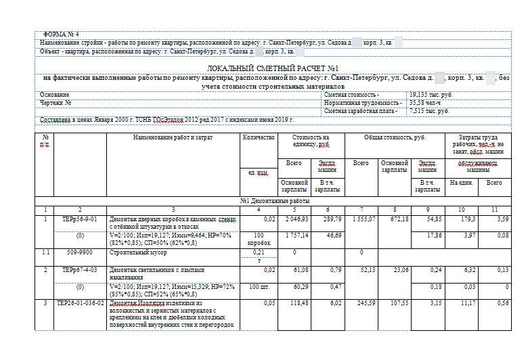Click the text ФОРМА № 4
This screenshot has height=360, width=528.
(61, 34)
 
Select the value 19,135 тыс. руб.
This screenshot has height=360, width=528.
(431, 95)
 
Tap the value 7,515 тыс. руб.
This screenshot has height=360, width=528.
(428, 110)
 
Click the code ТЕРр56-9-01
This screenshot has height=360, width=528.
(80, 219)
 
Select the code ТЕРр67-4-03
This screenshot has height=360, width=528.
(80, 269)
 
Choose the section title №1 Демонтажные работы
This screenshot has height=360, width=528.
(274, 201)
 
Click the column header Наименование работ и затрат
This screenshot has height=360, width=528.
(173, 137)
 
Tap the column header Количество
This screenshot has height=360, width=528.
(258, 137)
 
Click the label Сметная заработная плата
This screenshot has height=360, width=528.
(361, 110)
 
